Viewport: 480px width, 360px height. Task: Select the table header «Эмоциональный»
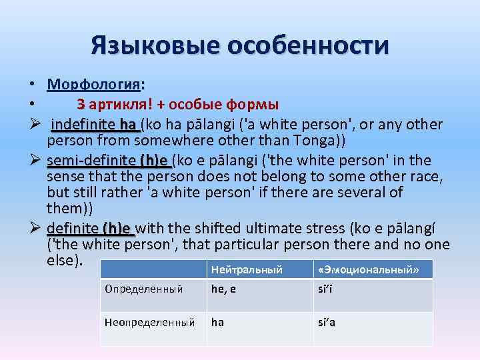369,269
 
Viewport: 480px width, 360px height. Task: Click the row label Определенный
143,289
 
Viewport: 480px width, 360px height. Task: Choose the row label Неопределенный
149,321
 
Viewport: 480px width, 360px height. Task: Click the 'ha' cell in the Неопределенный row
217,321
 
